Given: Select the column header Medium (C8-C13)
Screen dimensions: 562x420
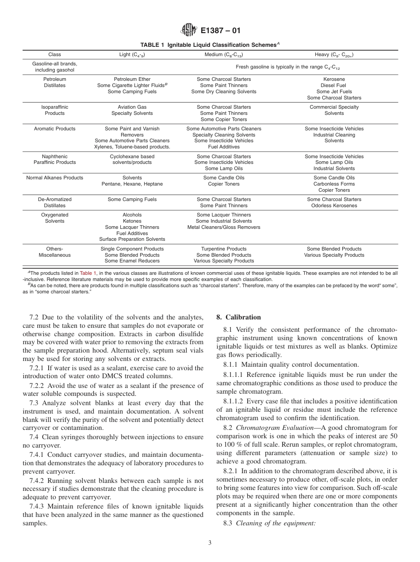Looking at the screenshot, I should click(224, 55).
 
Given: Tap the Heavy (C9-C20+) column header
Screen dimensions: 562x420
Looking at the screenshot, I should click(334, 55).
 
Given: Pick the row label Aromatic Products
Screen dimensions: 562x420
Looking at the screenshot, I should click(55, 129).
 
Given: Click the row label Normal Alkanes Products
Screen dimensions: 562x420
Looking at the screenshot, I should click(55, 178).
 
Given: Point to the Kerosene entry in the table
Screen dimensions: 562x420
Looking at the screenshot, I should click(334, 79).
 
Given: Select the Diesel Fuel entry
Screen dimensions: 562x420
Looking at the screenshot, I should click(334, 85).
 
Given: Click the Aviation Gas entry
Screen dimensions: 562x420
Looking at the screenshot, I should click(132, 107).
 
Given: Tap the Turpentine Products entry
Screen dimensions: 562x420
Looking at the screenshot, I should click(224, 249).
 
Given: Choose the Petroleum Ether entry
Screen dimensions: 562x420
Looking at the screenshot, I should click(132, 79).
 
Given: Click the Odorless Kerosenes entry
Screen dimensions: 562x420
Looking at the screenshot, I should click(334, 205).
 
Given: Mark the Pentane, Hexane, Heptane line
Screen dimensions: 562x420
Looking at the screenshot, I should click(132, 184).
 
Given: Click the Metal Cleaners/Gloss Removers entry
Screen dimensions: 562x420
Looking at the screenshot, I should click(224, 227).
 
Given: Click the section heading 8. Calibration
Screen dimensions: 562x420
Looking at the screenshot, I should click(238, 317).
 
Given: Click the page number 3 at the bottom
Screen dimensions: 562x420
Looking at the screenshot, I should click(210, 543).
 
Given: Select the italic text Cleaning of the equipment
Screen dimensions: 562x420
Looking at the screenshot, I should click(276, 523).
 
